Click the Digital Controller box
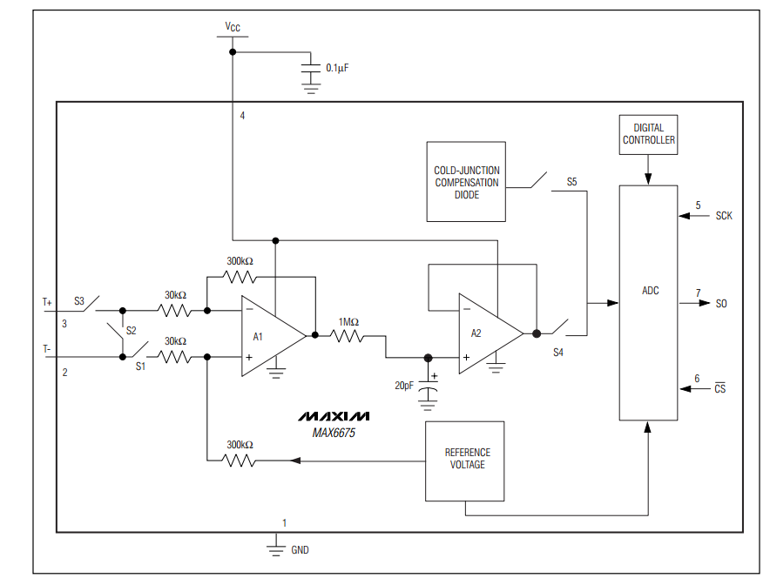[x=648, y=134]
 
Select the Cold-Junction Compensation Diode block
[x=466, y=182]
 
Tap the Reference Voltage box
[x=466, y=461]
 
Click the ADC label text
[x=650, y=291]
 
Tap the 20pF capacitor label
[x=403, y=385]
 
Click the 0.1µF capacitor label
[x=337, y=67]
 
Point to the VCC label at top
[x=233, y=27]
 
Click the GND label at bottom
[x=300, y=550]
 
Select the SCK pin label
[x=723, y=216]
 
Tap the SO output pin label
[x=721, y=304]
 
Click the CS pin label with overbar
[x=719, y=389]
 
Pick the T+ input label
[x=48, y=302]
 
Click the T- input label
[x=48, y=348]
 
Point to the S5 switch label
[x=571, y=182]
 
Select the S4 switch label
[x=558, y=353]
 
